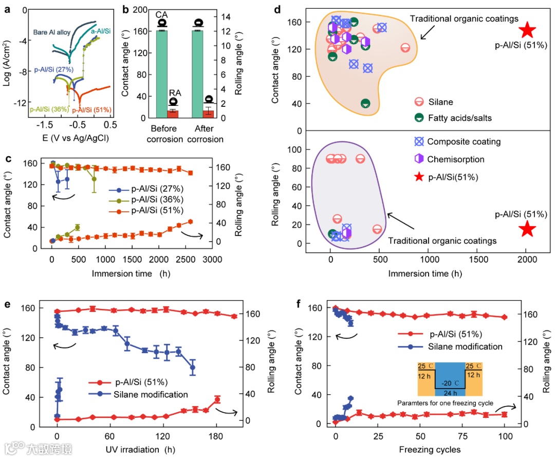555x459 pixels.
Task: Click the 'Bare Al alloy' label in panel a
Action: (52, 32)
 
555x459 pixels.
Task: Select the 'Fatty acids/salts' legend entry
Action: (459, 118)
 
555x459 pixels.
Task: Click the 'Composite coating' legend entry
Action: (464, 141)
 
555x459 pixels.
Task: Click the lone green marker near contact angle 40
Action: (365, 104)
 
